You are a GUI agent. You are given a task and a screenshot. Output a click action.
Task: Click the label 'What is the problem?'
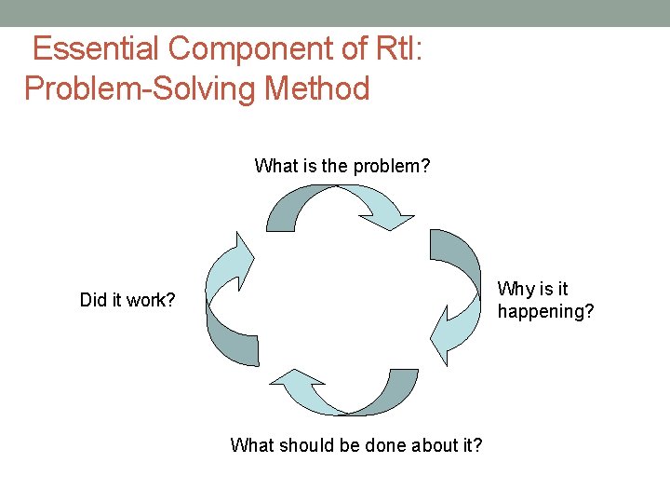click(342, 167)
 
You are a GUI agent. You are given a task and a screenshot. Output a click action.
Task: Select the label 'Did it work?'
click(127, 301)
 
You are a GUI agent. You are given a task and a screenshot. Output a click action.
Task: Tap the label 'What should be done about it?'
click(356, 445)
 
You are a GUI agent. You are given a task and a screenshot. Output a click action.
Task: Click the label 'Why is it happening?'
click(545, 300)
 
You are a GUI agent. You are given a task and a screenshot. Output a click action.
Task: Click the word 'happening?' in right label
click(545, 311)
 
